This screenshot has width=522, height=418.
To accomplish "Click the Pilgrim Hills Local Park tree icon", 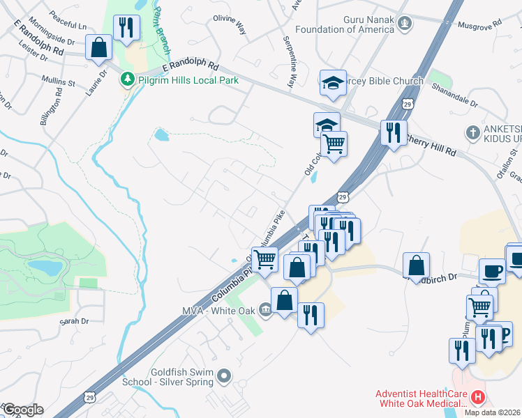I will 126,80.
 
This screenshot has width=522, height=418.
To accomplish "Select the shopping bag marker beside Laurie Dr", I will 99,48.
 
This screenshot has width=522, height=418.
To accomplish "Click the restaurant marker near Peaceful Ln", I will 126,29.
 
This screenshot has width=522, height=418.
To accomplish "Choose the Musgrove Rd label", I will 480,23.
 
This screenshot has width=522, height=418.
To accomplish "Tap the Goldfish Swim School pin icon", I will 224,377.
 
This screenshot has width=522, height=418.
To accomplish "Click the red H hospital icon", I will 478,398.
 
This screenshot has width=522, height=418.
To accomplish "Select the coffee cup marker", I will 492,270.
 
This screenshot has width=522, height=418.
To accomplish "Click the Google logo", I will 23,410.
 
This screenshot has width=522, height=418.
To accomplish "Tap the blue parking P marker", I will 504,335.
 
